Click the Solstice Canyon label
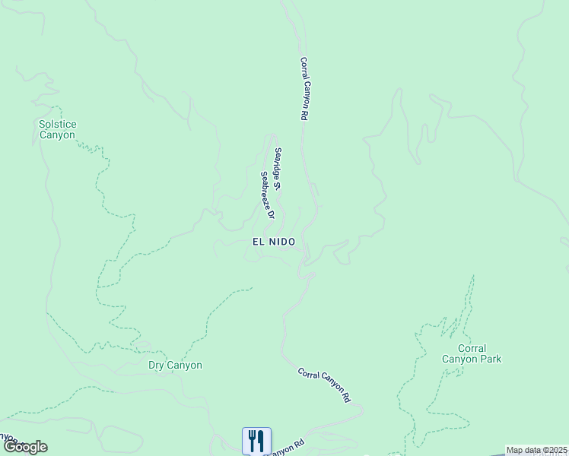coord(58,129)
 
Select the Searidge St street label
coord(279,168)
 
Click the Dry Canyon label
coord(175,365)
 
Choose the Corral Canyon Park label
coord(472,354)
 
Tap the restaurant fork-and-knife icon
coord(256,441)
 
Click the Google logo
coord(25,447)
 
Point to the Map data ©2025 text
coord(537,450)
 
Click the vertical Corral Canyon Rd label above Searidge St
coord(305,89)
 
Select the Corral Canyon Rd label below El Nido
coord(324,385)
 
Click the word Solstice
coord(58,124)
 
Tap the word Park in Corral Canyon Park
coord(490,359)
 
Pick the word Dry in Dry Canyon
coord(157,365)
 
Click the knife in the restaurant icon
coord(261,441)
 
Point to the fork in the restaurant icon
coord(252,441)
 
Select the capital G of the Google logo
coord(10,447)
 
